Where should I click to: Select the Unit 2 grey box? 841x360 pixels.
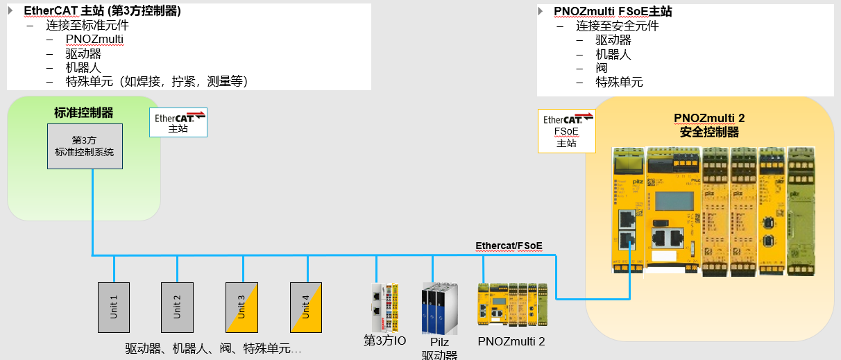point(177,307)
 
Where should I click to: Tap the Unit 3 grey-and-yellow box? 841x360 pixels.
point(241,307)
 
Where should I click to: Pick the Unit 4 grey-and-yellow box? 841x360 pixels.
point(306,307)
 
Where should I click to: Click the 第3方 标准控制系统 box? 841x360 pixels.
point(85,146)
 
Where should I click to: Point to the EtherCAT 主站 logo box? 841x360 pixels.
point(179,121)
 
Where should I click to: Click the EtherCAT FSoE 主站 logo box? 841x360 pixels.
point(566,131)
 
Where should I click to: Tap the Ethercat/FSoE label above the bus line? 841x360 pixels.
point(509,246)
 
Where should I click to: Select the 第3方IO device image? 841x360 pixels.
point(384,307)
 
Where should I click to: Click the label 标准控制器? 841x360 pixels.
point(83,112)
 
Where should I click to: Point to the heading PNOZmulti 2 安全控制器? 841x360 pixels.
point(709,125)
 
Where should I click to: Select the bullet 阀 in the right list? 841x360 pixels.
point(602,68)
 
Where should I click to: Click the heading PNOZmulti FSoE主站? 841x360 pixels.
point(613,12)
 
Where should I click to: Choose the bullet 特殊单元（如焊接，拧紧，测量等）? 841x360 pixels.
point(157,82)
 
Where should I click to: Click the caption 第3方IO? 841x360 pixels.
point(384,341)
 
